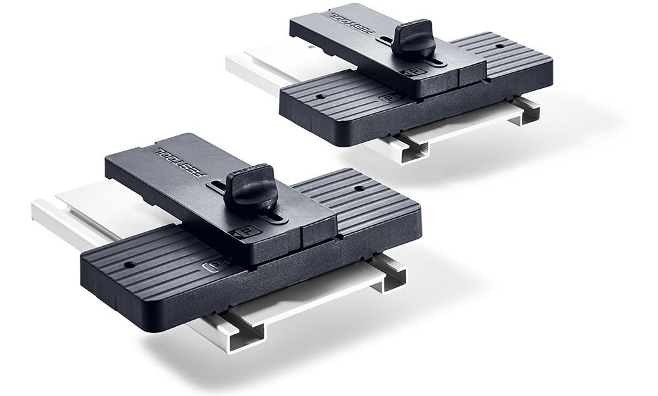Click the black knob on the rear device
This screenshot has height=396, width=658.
coord(415,39)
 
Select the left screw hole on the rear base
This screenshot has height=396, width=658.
coord(318,95)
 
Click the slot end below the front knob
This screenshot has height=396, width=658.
coord(276,218)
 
